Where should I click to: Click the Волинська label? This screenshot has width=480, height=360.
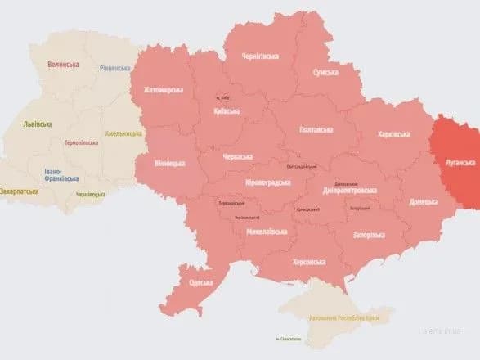point(63,64)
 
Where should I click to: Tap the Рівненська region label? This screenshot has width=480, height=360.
point(114,69)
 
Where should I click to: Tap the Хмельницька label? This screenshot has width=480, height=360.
point(123,133)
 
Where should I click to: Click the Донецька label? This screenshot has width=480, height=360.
point(423,200)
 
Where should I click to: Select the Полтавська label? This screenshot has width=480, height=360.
point(316,129)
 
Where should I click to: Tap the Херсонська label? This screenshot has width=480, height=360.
point(309,262)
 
